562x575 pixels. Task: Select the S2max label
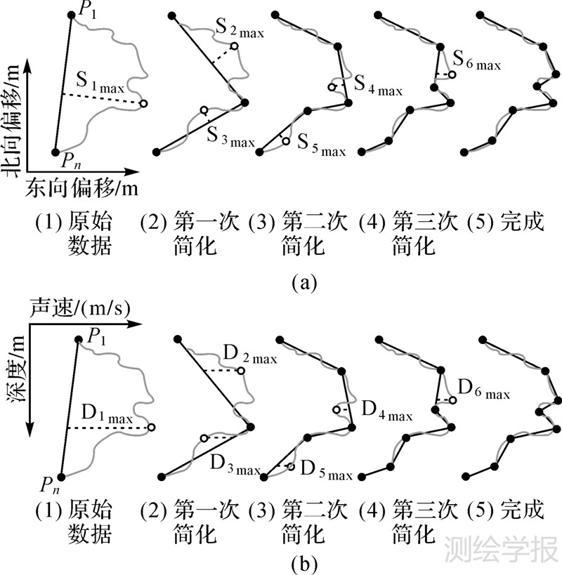(x=239, y=30)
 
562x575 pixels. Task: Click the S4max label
(x=378, y=87)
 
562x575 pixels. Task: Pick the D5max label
(x=326, y=471)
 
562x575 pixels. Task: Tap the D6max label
(x=484, y=389)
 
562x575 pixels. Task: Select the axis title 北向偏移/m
(x=11, y=124)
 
